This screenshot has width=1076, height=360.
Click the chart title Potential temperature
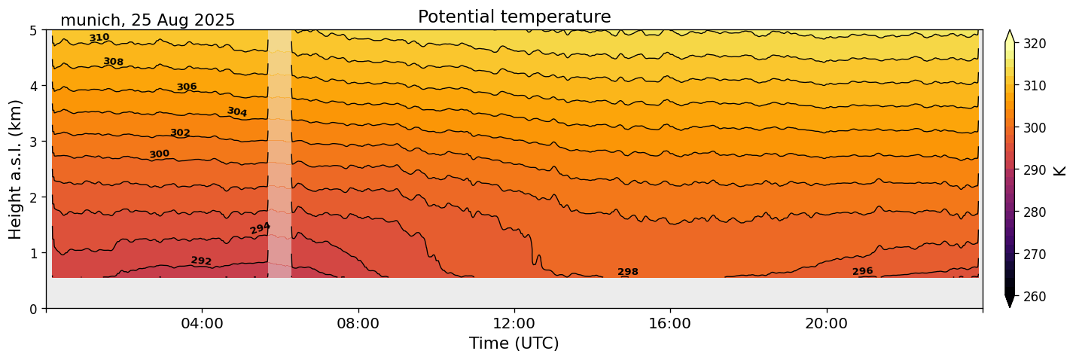point(514,17)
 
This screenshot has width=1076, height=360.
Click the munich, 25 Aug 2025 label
point(148,20)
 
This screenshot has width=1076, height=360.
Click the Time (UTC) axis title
point(514,343)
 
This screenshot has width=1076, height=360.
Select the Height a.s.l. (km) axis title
point(16,169)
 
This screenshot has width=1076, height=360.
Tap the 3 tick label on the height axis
point(33,142)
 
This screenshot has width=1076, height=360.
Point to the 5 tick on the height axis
point(33,31)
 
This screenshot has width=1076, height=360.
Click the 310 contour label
point(99,38)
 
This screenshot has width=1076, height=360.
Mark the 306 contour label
point(187,87)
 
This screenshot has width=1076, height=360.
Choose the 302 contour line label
point(180,133)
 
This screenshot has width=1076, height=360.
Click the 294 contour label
point(260,228)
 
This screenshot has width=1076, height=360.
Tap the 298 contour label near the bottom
point(628,272)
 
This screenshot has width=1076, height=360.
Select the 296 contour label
point(862,271)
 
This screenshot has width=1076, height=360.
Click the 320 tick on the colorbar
point(1033,44)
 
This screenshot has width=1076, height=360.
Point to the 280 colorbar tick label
point(1033,212)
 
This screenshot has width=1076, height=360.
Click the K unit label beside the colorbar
point(1060,169)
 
